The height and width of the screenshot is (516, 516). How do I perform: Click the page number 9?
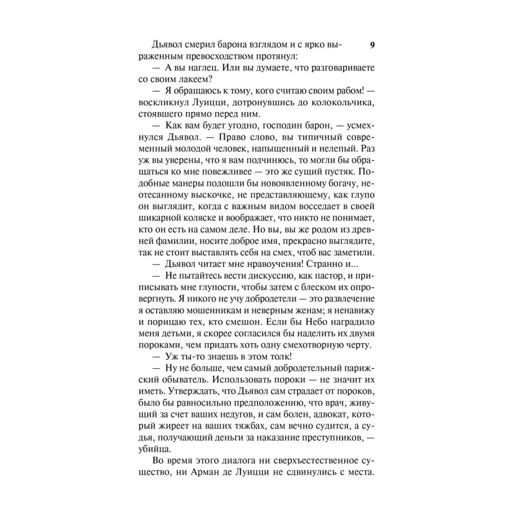coord(372,45)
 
